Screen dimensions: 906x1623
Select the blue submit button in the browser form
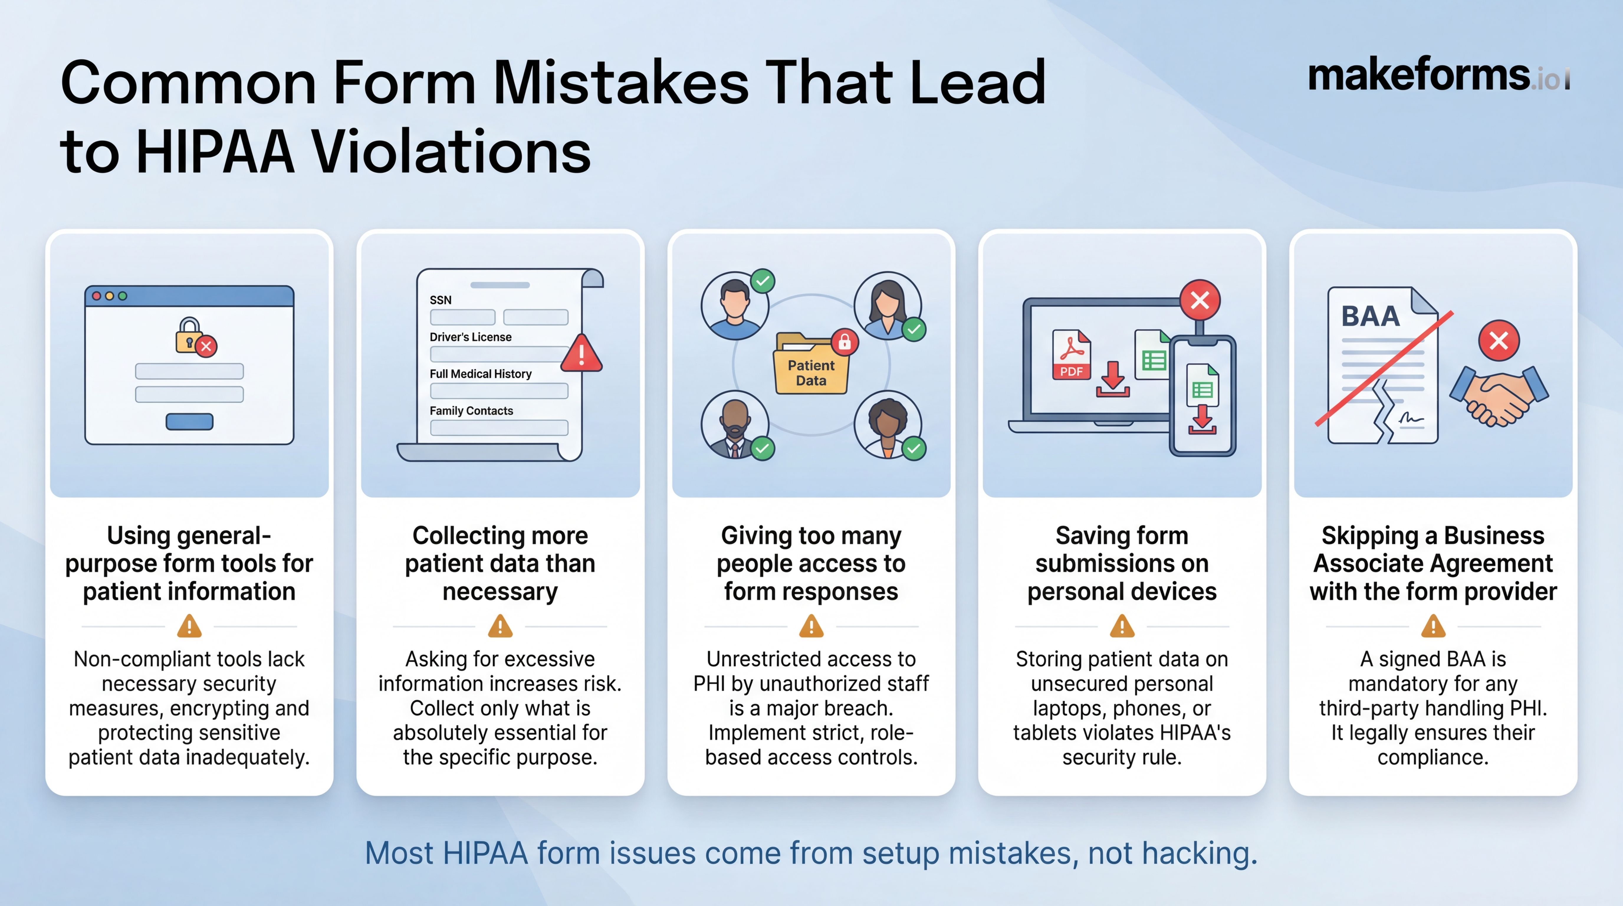click(x=189, y=421)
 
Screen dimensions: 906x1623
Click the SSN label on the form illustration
click(x=441, y=300)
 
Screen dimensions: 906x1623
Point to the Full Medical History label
click(x=480, y=374)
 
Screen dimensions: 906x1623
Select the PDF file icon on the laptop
click(x=1071, y=355)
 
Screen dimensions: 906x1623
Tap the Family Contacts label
click(x=471, y=411)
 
